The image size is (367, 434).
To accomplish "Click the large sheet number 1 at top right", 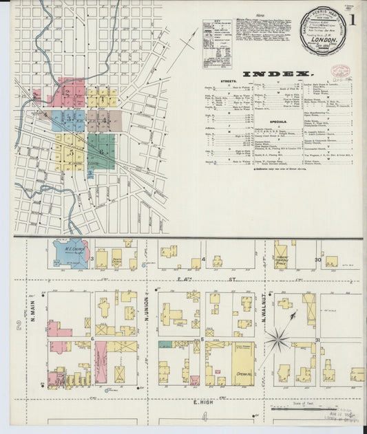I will (x=351, y=21).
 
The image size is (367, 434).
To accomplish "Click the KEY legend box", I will (x=216, y=43).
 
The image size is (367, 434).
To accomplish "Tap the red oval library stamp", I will (x=340, y=71).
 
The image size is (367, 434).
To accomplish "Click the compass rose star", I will (x=278, y=338).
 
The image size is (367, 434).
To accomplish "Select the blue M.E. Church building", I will (x=71, y=252).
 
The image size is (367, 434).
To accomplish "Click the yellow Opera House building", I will (x=242, y=363).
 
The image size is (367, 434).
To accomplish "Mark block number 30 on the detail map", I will (x=318, y=259).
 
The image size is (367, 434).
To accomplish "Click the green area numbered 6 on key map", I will (x=101, y=151).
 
